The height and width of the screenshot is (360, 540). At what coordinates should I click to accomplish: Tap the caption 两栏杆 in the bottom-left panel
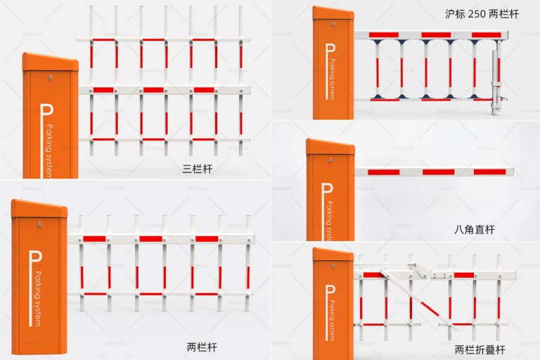click(202, 347)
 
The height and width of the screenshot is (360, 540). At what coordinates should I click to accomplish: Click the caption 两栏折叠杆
click(480, 349)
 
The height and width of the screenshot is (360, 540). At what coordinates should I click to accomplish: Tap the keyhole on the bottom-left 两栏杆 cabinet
click(39, 225)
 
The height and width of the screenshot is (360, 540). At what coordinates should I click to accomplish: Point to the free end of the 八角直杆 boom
click(511, 172)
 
